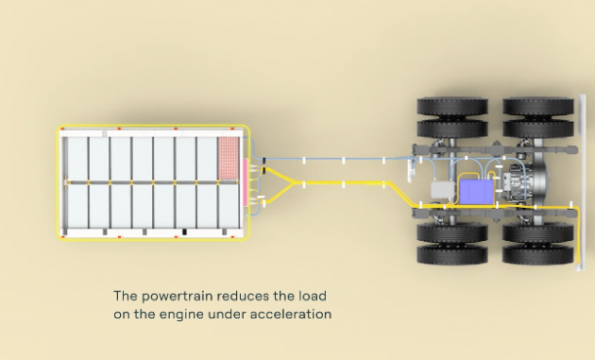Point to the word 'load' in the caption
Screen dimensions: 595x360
pos(313,296)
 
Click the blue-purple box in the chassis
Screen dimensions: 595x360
pos(476,192)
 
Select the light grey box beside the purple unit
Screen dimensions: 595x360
pos(443,190)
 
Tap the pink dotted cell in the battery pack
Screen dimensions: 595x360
pos(229,157)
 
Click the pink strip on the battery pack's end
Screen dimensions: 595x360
pos(246,182)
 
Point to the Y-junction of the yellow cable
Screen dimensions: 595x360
pos(292,183)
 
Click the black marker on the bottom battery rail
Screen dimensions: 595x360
pos(184,231)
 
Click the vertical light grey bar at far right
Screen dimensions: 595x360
pos(582,182)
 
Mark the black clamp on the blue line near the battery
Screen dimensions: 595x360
pos(263,161)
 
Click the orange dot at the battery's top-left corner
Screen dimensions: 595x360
pos(62,129)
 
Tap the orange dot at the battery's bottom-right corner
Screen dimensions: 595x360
pos(232,237)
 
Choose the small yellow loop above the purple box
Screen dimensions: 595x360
pos(491,176)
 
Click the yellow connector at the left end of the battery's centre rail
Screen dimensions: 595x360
pos(66,182)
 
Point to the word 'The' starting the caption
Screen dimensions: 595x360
pos(126,296)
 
